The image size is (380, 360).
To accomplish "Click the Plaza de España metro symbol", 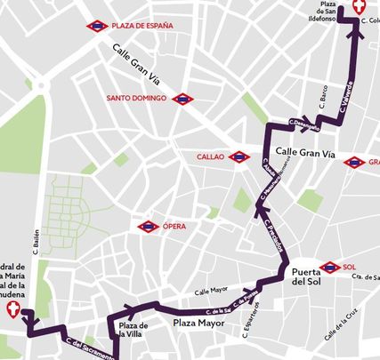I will coord(97,27).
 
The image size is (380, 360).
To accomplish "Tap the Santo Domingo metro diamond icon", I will coord(183,99).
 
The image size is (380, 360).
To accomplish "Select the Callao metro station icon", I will coord(239,157).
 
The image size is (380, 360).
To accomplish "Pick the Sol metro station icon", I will coord(329,267).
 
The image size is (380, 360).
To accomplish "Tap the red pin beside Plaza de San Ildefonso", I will coord(360,7).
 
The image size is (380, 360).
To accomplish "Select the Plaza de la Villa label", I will coord(133,331).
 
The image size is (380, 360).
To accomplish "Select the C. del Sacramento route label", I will coord(88,348).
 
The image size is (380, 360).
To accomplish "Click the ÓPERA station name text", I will coord(174,227).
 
